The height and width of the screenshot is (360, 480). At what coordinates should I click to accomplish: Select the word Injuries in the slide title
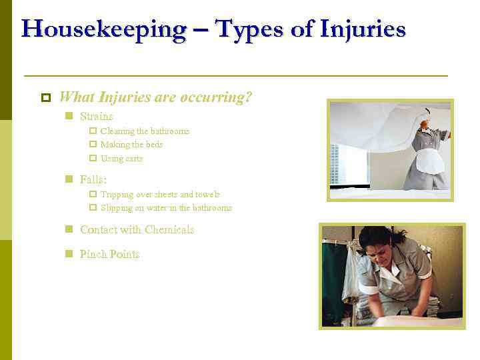pos(363,30)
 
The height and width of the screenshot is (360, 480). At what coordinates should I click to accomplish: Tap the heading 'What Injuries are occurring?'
pos(155,97)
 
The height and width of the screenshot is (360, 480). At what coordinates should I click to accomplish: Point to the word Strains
pos(97,116)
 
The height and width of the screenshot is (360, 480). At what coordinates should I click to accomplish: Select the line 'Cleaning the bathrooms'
pos(145,131)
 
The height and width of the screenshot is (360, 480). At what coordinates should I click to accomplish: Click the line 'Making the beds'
pos(131,145)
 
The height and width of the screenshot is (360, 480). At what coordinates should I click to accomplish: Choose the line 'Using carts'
pos(121,159)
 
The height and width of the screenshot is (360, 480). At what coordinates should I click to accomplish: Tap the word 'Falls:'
pos(93,179)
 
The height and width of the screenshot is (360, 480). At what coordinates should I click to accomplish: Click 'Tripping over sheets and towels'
pos(160,195)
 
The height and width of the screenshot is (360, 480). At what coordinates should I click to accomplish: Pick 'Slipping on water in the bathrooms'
pos(166,208)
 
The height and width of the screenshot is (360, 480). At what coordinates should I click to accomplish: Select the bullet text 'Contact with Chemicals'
pos(137,230)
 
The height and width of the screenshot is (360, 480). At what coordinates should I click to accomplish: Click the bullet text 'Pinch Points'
pos(109,254)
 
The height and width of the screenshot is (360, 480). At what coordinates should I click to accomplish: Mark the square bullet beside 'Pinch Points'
pos(68,254)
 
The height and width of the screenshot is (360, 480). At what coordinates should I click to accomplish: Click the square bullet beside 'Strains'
pos(68,116)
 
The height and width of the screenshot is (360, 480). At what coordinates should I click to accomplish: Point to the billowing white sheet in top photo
pos(373,127)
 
